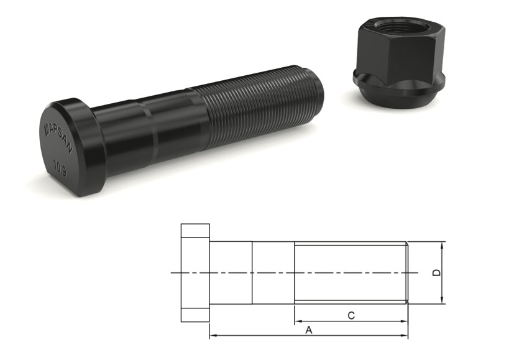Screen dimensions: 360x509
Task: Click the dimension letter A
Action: pos(309,331)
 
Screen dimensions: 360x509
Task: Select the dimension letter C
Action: pos(351,316)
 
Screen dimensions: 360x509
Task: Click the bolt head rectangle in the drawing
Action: pos(195,272)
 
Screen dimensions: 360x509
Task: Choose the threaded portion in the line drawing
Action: pos(349,272)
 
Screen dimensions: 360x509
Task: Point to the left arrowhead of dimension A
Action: pos(213,336)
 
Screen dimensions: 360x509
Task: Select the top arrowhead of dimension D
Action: pos(443,244)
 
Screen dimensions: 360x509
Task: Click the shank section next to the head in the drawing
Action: pos(231,272)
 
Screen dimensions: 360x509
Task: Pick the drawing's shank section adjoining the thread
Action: pos(273,272)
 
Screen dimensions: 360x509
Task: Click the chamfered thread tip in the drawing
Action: pos(406,272)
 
